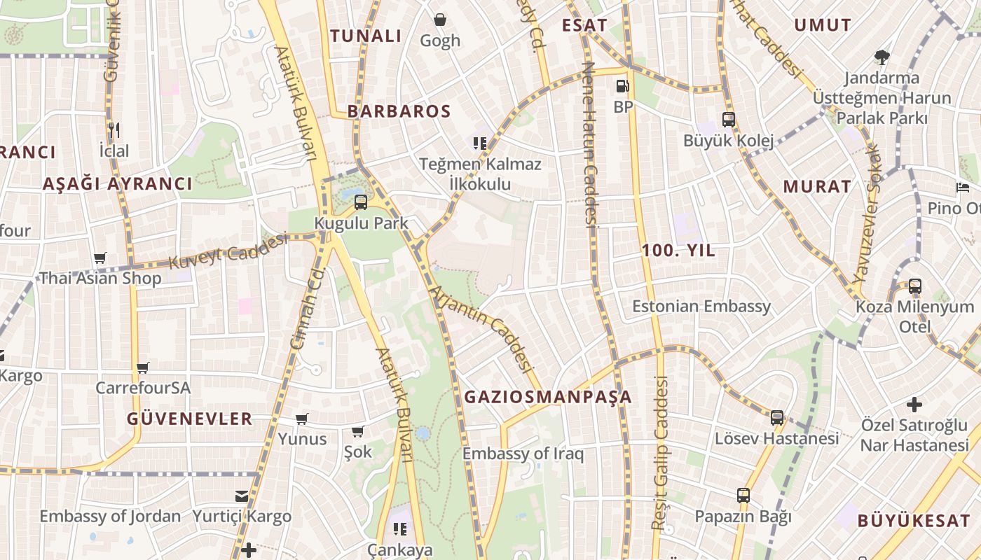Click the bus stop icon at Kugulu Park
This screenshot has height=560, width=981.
coord(361,202)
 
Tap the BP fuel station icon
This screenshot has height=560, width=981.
coord(622,87)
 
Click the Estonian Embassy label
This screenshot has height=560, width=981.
coord(701,306)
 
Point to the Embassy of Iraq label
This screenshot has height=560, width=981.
coord(523,454)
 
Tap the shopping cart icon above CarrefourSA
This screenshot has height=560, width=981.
coord(143,367)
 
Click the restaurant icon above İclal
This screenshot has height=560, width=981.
coord(114,129)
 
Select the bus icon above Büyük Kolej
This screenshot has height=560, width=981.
coord(729,120)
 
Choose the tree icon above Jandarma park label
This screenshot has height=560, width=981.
coord(881,57)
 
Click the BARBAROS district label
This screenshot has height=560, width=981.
coord(399,111)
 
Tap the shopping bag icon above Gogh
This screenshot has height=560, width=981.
coord(440,20)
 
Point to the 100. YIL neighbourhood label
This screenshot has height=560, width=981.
coord(679,251)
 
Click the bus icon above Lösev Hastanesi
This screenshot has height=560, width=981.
coord(776,418)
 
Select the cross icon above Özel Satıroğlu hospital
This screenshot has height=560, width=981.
coord(914,404)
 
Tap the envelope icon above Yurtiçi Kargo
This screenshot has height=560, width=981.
coord(242,496)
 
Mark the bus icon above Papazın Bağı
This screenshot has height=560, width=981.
coord(743,496)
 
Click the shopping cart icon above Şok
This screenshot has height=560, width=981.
coord(358,431)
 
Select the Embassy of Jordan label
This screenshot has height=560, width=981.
coord(110,517)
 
